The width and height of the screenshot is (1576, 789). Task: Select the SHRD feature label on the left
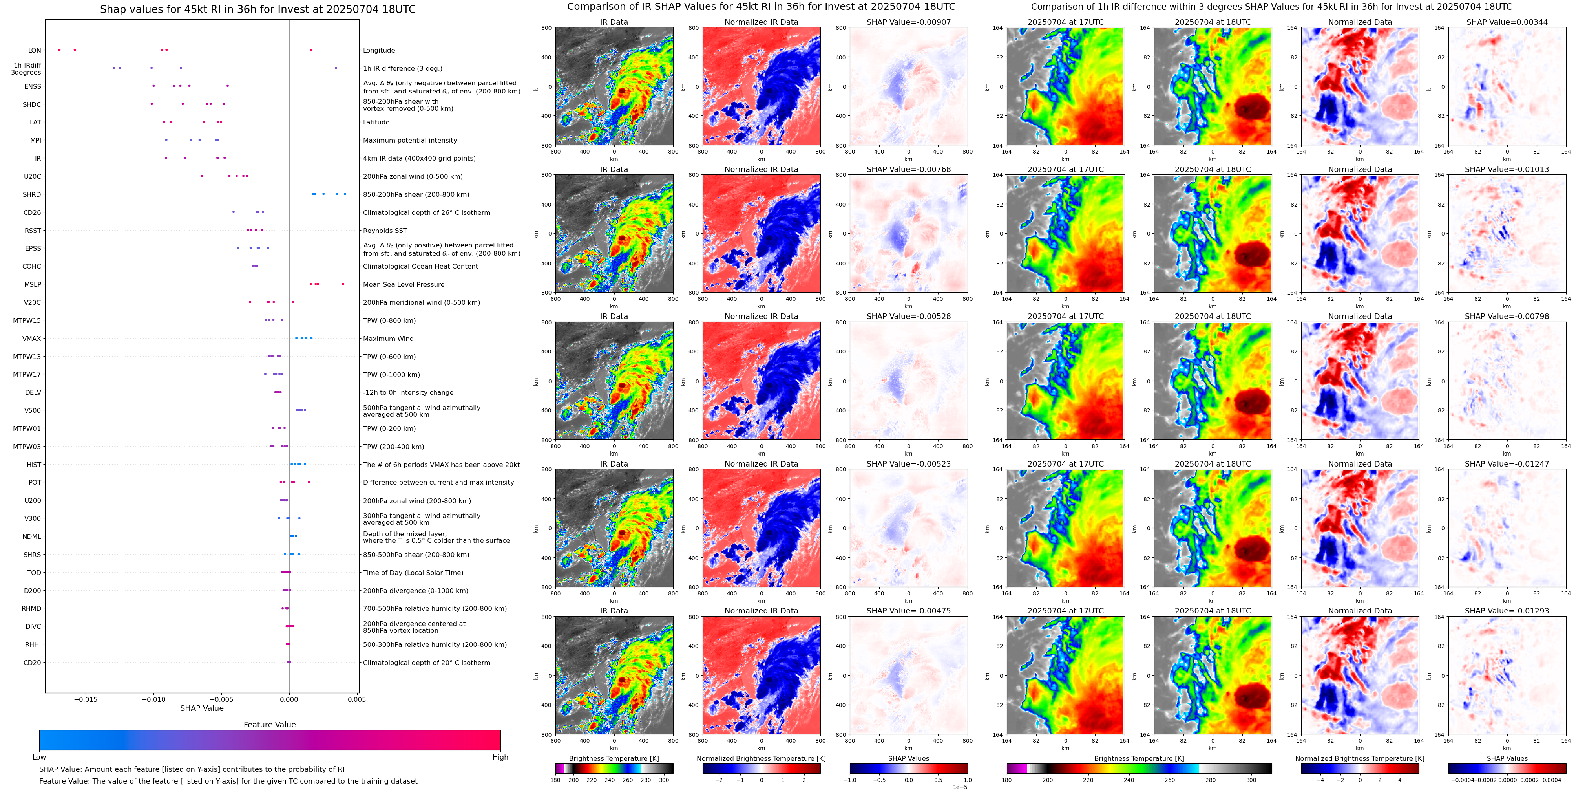(32, 195)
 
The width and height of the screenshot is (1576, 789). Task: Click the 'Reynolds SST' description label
(385, 231)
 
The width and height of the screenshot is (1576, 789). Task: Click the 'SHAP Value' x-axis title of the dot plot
(201, 708)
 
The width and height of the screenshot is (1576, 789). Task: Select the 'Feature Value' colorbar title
(269, 725)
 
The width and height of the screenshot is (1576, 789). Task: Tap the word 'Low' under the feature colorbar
(39, 757)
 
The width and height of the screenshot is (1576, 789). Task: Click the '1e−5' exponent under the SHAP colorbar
(959, 787)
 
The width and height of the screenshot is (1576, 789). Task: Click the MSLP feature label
(33, 285)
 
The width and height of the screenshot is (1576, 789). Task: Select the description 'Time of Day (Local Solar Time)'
(413, 573)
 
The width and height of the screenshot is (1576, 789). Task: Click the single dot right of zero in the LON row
(311, 50)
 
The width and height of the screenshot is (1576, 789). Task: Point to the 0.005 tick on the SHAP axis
(357, 699)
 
